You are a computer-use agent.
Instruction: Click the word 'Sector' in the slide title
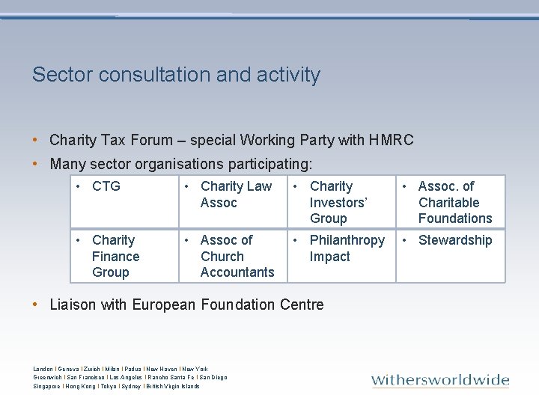tap(57, 75)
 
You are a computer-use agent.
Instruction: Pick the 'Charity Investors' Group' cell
tap(341, 202)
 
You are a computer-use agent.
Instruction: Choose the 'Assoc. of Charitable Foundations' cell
tap(450, 202)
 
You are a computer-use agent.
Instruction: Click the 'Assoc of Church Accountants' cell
tap(234, 256)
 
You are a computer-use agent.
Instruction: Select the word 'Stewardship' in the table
tap(455, 240)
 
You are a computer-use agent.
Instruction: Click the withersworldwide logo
tap(440, 380)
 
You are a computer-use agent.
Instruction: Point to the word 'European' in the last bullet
tap(163, 304)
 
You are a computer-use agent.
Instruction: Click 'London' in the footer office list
tap(43, 369)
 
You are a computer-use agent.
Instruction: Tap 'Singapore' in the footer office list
tap(47, 386)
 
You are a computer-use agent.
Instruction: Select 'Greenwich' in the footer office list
tap(48, 378)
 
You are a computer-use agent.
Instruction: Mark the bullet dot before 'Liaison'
tap(36, 304)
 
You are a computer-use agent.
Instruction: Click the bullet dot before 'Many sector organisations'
tap(36, 164)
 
